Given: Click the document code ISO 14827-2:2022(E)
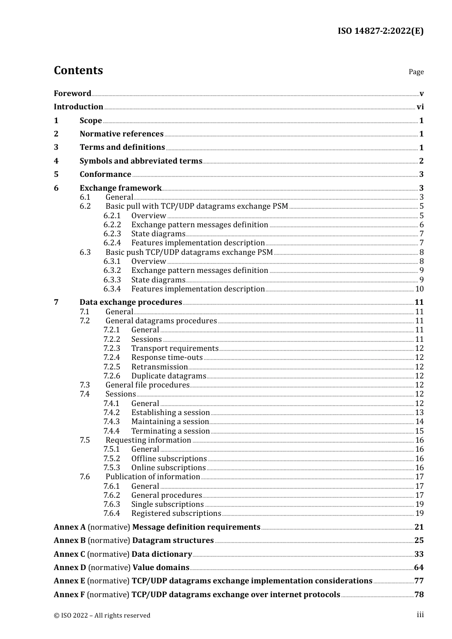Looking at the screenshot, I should click(380, 31).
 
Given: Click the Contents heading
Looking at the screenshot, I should click(78, 70).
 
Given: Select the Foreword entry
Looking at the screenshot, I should click(72, 94).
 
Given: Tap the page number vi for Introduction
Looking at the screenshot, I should click(420, 107).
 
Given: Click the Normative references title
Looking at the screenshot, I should click(121, 134).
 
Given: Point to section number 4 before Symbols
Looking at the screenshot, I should click(56, 161).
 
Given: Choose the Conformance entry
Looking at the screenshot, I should click(105, 174).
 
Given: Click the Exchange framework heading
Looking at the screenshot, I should click(120, 188).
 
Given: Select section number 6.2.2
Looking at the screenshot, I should click(112, 225).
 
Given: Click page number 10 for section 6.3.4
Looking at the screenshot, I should click(419, 289).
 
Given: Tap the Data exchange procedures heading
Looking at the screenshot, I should click(130, 302).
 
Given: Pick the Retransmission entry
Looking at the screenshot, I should click(159, 367).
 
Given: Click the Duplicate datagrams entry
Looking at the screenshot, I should click(168, 376).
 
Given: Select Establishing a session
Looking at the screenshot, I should click(170, 413).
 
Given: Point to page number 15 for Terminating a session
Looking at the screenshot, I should click(419, 431).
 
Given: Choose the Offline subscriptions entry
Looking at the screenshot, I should click(169, 459).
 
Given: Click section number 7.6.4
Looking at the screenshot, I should click(112, 513).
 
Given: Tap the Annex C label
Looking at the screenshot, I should click(69, 554).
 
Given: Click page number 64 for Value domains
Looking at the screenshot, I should click(419, 568).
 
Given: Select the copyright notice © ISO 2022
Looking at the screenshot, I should click(102, 615).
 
